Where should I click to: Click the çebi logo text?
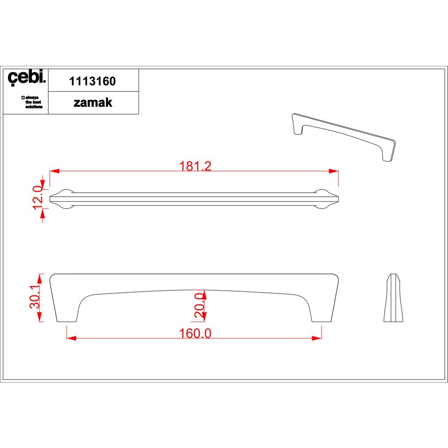(26, 77)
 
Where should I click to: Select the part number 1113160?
(93, 81)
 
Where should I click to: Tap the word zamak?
(93, 103)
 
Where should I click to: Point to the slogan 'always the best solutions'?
(32, 102)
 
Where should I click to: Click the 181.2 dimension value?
(195, 166)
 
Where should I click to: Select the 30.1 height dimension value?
(35, 297)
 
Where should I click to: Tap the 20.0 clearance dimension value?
(199, 305)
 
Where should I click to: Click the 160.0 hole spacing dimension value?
(195, 333)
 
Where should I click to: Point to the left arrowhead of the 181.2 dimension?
(54, 171)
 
